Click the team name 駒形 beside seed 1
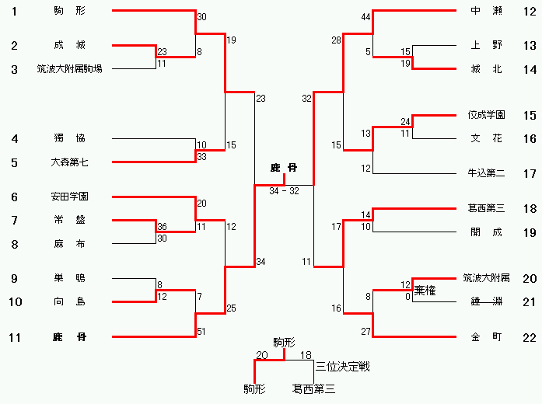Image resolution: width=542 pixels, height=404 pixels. [70, 11]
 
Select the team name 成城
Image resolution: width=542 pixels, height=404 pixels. [70, 45]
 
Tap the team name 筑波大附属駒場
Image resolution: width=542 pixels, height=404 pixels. [69, 68]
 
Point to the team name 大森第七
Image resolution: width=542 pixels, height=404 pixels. [70, 162]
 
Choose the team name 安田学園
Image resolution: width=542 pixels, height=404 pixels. [69, 197]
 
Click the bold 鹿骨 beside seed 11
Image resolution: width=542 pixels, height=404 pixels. [69, 336]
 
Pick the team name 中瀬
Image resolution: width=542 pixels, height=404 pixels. [487, 11]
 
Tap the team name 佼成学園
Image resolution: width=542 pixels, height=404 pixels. [487, 115]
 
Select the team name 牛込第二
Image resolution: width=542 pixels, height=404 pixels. [487, 173]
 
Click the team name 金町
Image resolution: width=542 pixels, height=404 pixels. [487, 336]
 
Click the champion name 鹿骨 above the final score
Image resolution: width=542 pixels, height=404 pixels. [284, 168]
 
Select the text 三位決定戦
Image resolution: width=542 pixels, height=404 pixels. [342, 366]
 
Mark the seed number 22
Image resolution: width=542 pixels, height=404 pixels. [530, 336]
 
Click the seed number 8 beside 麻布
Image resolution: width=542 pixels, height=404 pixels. [14, 243]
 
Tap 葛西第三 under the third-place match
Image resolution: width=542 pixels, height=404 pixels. [313, 388]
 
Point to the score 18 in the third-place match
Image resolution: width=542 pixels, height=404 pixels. [306, 355]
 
